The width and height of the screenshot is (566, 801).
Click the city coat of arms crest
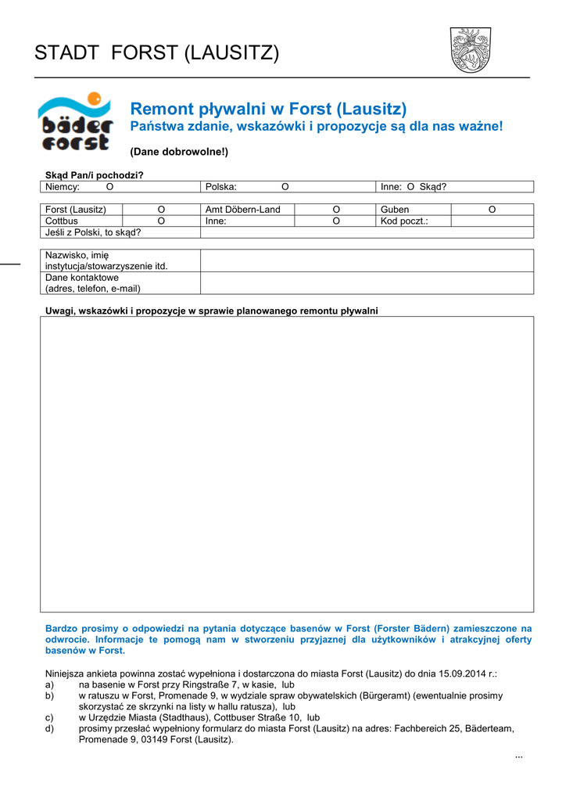pos(470,49)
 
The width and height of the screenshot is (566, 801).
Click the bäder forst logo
pos(76,121)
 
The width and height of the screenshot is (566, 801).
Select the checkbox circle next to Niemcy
pos(109,187)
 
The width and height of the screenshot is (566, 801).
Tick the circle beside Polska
pos(285,187)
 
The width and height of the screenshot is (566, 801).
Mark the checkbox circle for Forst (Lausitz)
pos(161,210)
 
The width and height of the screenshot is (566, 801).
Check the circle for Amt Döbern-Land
pos(336,210)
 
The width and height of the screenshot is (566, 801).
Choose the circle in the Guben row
pos(492,210)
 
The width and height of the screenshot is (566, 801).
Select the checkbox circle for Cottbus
pos(161,221)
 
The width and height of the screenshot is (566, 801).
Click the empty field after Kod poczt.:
pos(492,221)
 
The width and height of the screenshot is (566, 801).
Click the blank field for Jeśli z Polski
pos(367,232)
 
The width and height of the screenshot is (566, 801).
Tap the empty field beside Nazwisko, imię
pos(367,260)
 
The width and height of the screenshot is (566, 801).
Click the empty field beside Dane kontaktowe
pos(367,283)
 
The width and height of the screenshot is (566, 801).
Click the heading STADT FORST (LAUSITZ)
pos(156,53)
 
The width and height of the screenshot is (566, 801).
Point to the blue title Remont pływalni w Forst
pos(268,109)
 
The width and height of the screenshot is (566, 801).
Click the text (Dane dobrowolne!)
pos(179,151)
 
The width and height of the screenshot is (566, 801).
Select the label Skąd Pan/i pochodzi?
pos(95,175)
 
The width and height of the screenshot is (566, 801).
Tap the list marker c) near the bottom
pos(50,717)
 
